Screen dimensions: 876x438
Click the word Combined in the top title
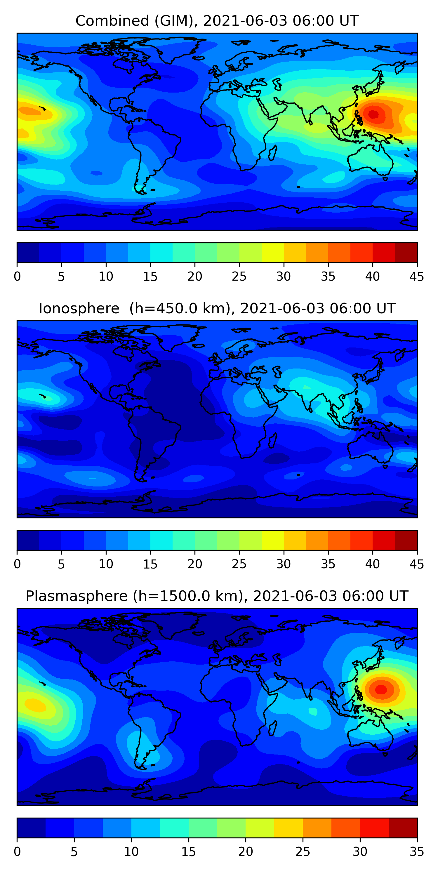112,21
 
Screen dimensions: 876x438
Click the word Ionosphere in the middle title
79,308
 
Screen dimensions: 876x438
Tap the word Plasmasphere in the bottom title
77,596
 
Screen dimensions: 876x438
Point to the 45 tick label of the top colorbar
417,277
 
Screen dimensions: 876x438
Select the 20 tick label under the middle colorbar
195,564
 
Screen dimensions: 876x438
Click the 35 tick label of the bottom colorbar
417,852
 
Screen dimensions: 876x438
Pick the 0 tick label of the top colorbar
17,277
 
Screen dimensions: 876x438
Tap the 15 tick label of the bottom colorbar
188,852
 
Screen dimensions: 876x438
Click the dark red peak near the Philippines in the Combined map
373,114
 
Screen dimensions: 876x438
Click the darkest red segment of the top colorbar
406,252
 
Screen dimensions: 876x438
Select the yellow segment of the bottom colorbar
288,828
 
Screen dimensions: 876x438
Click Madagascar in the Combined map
272,153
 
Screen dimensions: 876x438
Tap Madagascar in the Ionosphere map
272,440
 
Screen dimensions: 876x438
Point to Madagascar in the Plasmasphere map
272,728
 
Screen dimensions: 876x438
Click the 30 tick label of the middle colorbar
284,564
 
